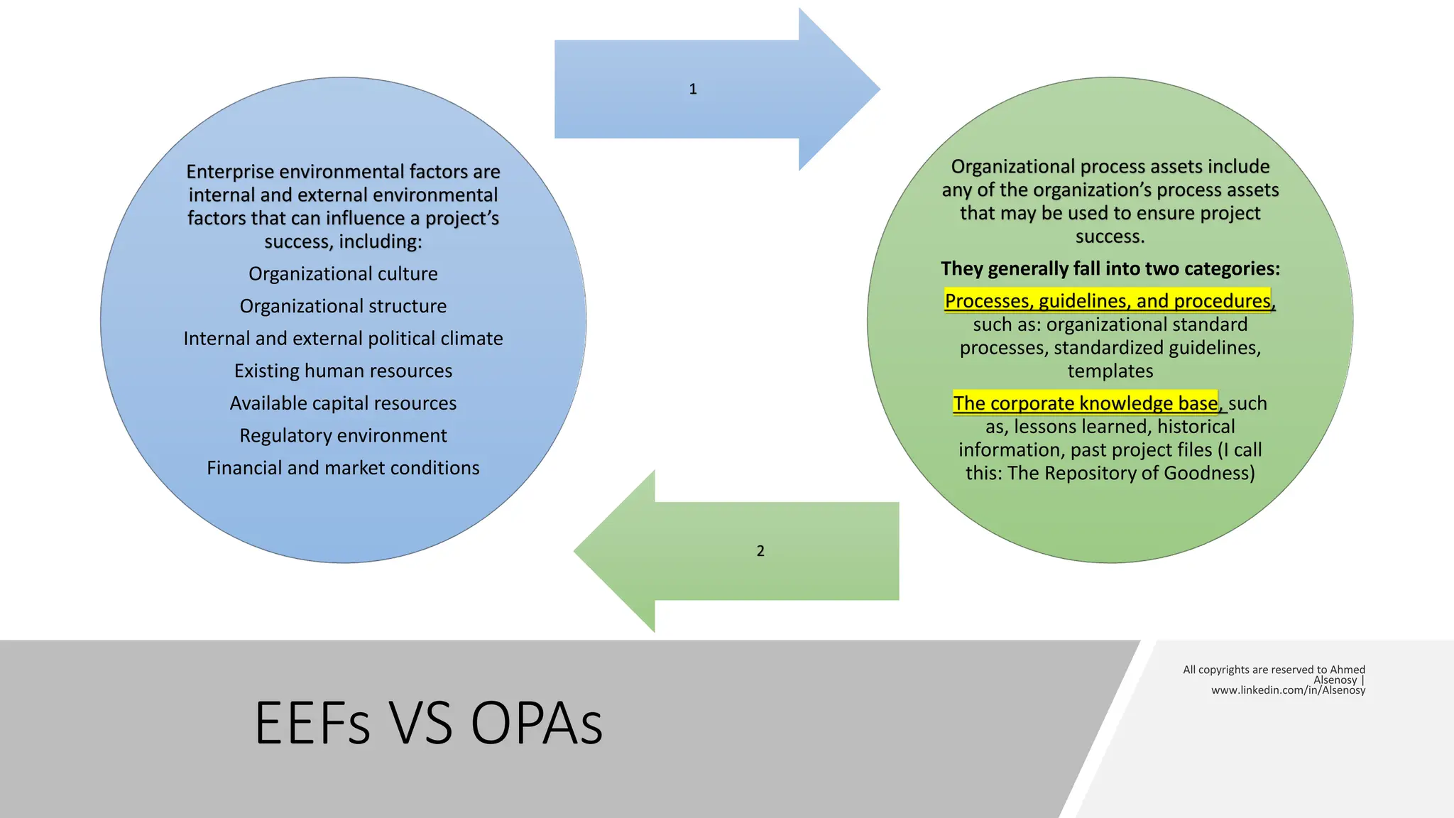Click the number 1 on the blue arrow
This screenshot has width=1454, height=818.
click(x=693, y=89)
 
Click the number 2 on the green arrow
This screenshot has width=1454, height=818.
click(x=760, y=551)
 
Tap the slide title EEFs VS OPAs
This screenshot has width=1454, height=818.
click(x=428, y=723)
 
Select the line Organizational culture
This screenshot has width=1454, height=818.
click(x=343, y=274)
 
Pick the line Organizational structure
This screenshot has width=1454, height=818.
click(x=343, y=306)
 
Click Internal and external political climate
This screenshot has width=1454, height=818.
click(x=343, y=339)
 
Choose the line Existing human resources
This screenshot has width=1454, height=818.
click(x=343, y=371)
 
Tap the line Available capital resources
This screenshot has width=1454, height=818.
click(x=343, y=403)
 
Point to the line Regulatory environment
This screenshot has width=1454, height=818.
click(x=343, y=435)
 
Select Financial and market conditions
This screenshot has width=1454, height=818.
click(x=343, y=468)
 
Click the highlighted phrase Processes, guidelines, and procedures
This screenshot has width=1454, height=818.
click(x=1108, y=301)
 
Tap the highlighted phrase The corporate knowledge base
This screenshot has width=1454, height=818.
click(x=1085, y=403)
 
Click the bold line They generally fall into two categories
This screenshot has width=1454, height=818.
click(x=1110, y=268)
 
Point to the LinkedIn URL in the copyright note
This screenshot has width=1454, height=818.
click(x=1288, y=690)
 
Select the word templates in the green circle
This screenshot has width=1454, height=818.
click(x=1110, y=371)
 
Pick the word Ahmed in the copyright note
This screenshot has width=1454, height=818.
click(x=1347, y=670)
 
